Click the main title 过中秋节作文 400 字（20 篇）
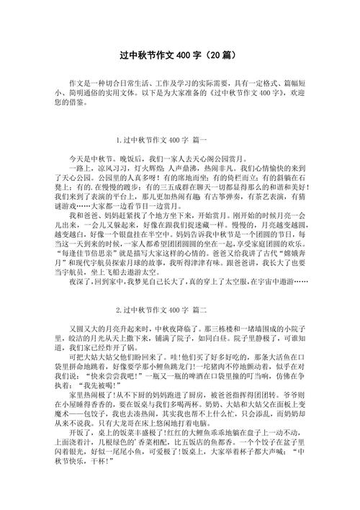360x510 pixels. pos(181,55)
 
